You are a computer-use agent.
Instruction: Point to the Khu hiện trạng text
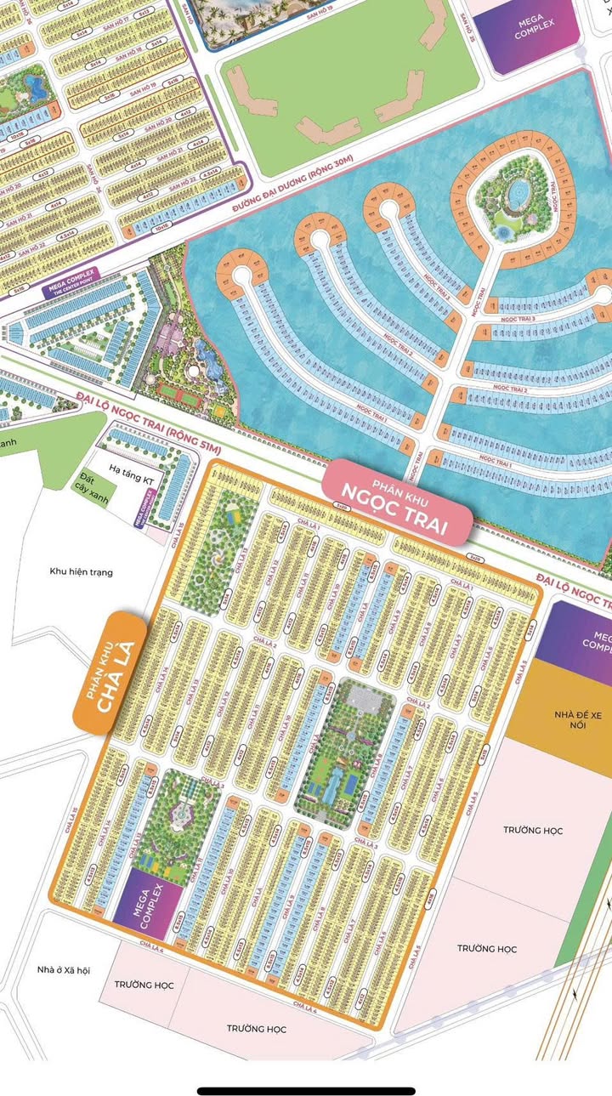pos(81,571)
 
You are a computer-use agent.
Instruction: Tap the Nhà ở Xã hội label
pos(64,969)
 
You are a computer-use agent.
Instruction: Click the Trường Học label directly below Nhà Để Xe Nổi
pos(532,830)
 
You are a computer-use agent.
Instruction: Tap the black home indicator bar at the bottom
pos(306,1091)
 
